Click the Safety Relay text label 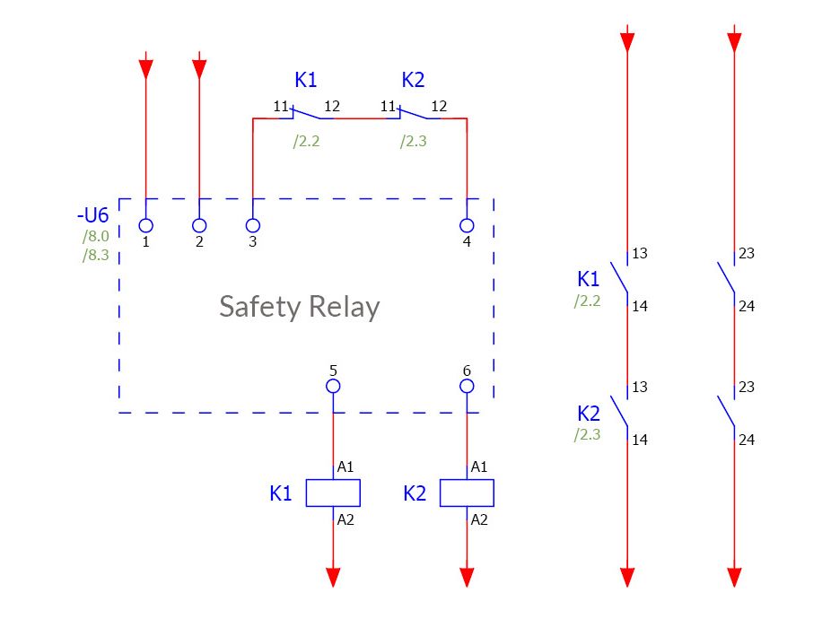point(299,307)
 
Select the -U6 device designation point(92,216)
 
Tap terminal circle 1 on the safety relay point(145,225)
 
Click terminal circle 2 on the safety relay point(199,225)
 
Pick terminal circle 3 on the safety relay point(253,225)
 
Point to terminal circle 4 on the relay point(467,225)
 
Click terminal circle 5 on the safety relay point(333,386)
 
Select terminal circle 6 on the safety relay point(467,386)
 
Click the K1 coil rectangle point(333,493)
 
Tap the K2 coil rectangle point(467,493)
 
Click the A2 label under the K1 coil point(345,519)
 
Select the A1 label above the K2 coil point(479,467)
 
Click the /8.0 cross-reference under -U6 point(95,237)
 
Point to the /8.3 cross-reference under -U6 point(95,255)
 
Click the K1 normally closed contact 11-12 point(306,113)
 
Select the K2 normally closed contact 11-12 point(413,113)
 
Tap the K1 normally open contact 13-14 point(619,279)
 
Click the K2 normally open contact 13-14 point(619,413)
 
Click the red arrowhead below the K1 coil point(333,577)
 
